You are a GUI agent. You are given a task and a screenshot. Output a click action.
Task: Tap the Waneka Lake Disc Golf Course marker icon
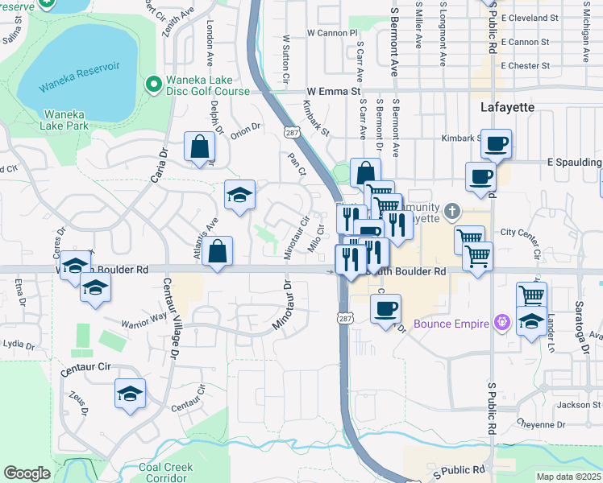(151, 84)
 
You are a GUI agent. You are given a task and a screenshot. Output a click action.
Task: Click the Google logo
(27, 473)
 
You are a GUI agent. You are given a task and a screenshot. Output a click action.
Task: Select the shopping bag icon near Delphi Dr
(199, 147)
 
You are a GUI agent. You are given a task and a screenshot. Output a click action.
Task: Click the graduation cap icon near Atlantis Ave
(239, 196)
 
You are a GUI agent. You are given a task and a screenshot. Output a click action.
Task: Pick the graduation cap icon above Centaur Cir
(130, 394)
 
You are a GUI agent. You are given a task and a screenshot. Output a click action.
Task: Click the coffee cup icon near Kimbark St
(497, 144)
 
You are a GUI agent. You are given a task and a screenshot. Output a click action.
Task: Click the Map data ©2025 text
(568, 477)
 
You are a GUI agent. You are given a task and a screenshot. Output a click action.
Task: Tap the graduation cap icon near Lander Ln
(531, 321)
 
